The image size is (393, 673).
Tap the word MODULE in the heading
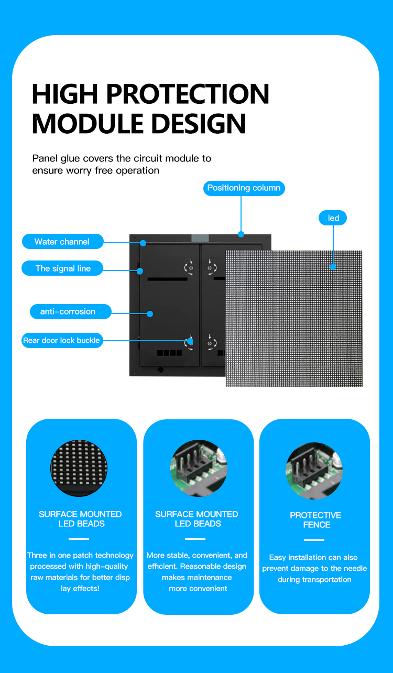(86, 124)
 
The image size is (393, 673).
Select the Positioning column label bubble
(244, 188)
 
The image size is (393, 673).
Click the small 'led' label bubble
(333, 218)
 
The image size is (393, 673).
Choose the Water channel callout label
(62, 242)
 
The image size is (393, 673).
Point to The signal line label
(63, 268)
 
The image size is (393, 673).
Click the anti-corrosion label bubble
(68, 311)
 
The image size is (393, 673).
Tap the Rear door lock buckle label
(61, 340)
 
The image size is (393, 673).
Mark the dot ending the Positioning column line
(241, 234)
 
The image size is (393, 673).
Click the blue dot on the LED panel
(333, 266)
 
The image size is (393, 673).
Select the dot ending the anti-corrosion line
(150, 314)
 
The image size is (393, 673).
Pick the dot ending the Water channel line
(143, 243)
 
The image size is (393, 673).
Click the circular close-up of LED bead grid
(79, 468)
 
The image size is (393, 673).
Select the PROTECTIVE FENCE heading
(315, 520)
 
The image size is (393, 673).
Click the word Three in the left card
(38, 555)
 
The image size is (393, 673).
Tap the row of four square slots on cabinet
(170, 353)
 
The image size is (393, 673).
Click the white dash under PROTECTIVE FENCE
(314, 540)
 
